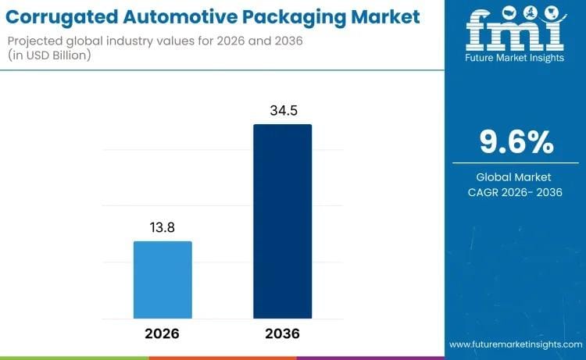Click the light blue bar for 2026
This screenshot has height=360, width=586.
(x=163, y=280)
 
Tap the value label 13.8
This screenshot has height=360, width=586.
(x=163, y=227)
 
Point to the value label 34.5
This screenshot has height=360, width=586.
(x=282, y=111)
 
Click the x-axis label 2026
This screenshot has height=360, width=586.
(x=163, y=333)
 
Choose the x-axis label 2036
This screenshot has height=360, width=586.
(x=282, y=333)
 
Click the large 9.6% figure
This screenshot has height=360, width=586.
(x=516, y=142)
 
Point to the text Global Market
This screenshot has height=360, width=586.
(x=516, y=177)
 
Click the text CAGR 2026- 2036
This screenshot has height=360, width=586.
(x=516, y=192)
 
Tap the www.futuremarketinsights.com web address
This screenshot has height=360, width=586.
(x=516, y=344)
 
